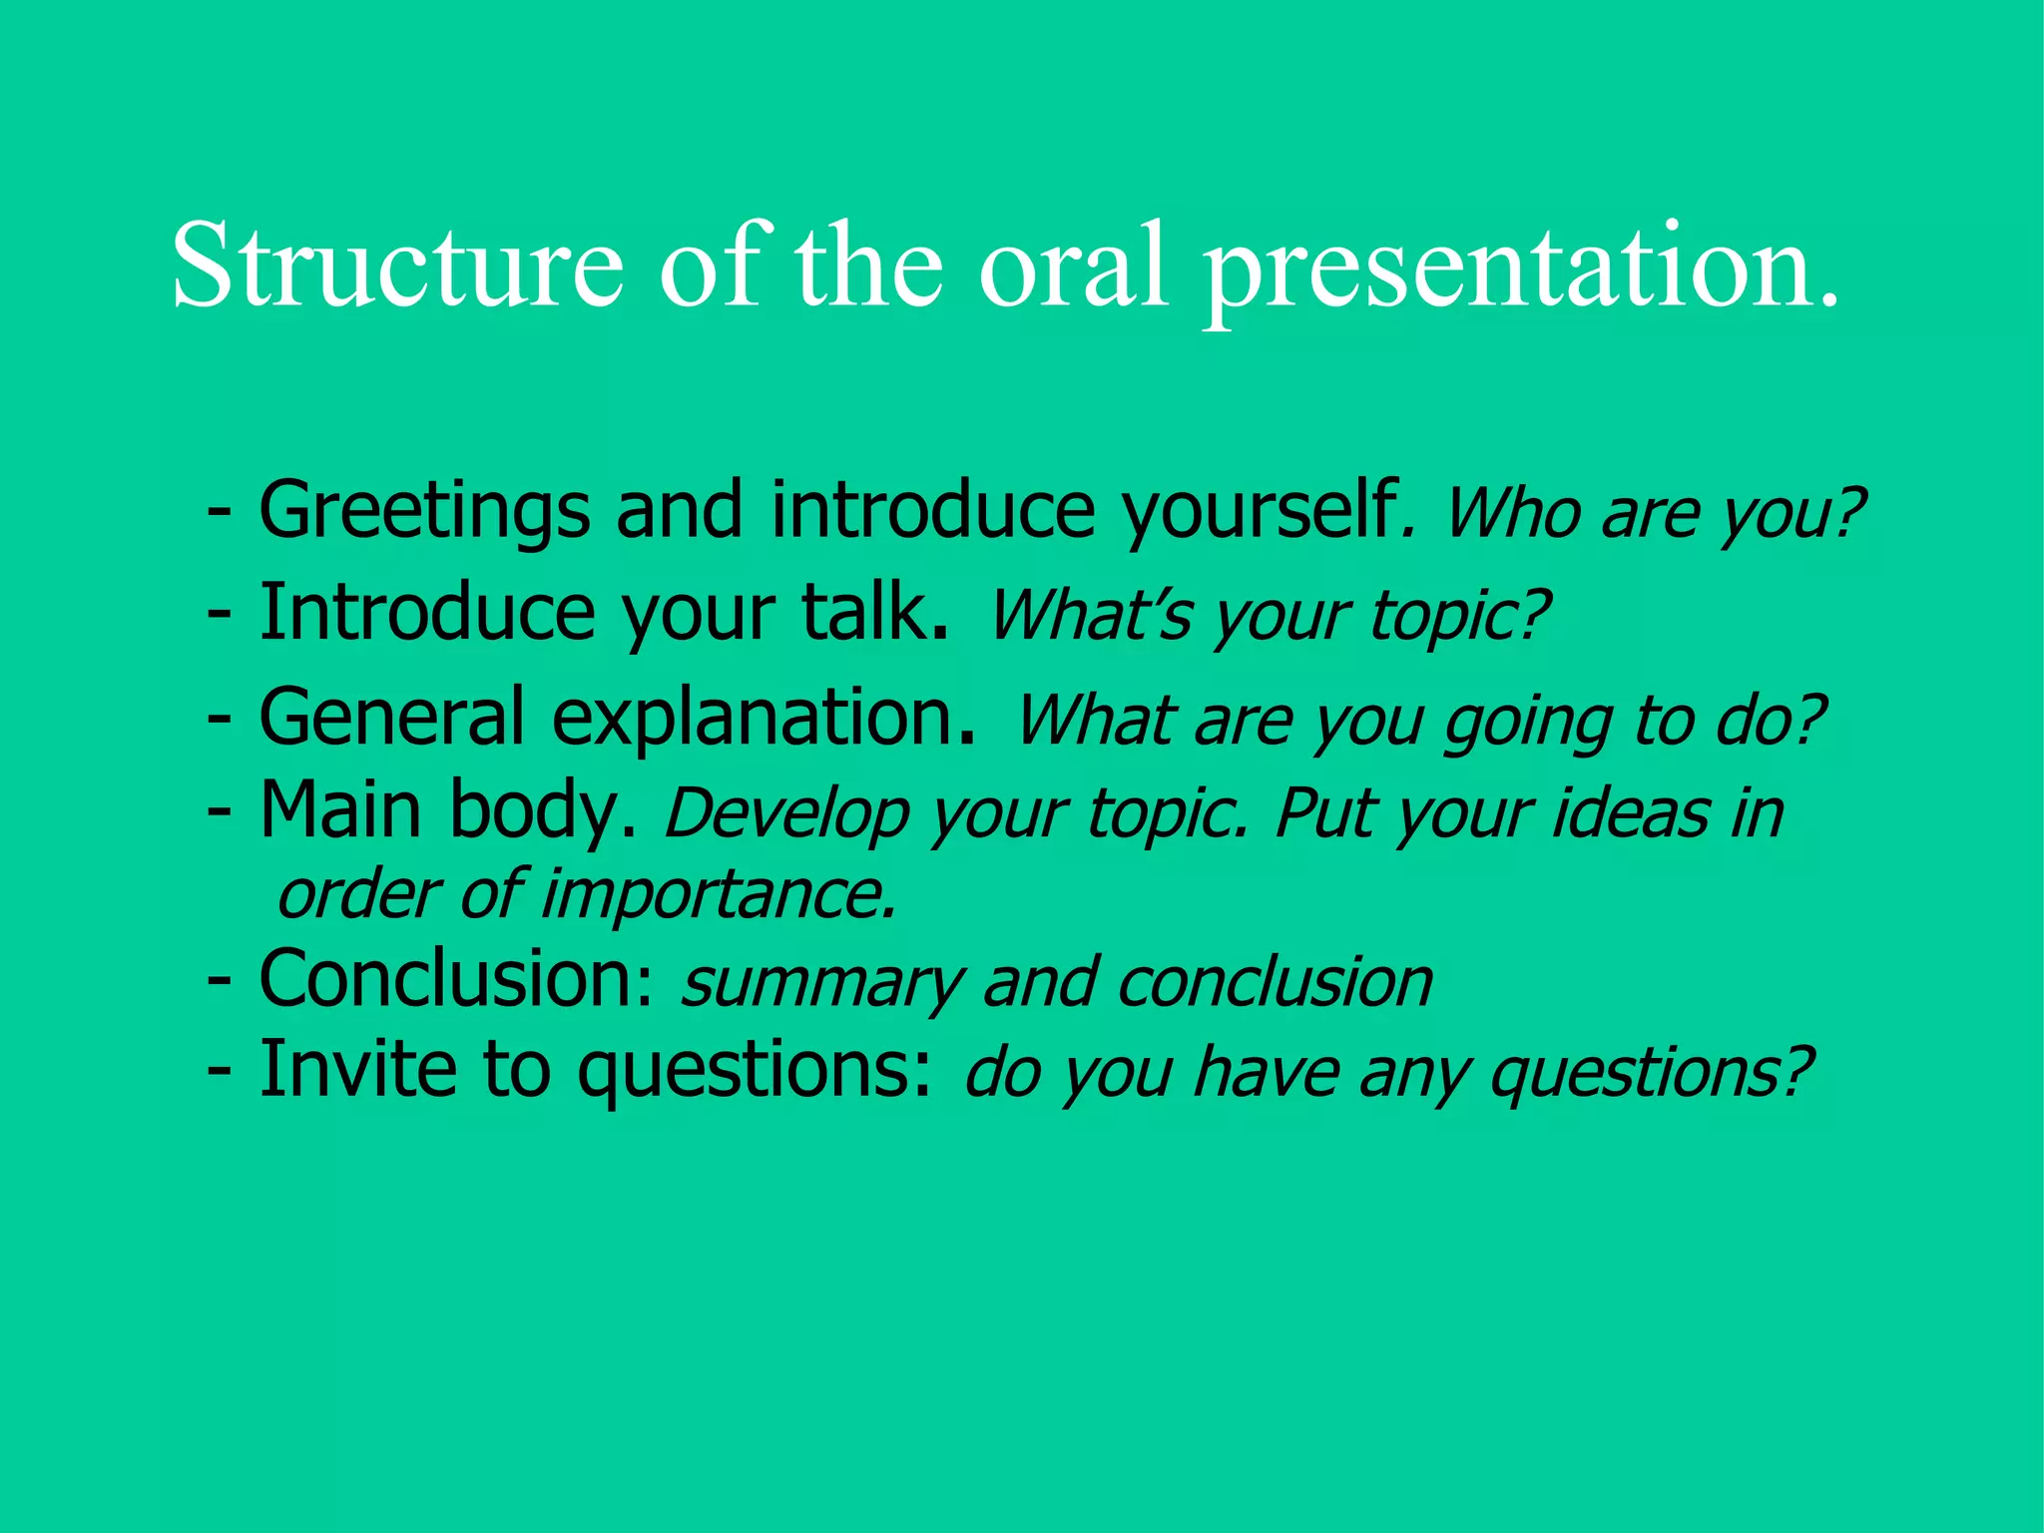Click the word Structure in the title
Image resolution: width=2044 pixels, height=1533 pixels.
397,265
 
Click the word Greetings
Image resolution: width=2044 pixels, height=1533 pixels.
424,511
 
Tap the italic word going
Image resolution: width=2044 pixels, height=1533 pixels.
1528,723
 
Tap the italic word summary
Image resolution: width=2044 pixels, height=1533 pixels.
820,984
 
